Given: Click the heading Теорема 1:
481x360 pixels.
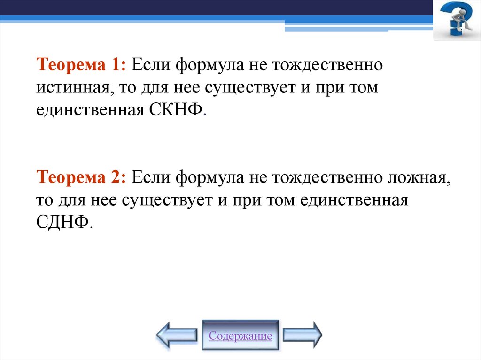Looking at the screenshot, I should [80, 64].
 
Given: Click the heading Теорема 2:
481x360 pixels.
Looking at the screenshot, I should [80, 177].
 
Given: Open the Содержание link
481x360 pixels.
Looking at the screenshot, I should [240, 336].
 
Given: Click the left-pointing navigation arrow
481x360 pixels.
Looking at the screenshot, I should [177, 335].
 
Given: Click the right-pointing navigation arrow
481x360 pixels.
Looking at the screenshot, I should [303, 335].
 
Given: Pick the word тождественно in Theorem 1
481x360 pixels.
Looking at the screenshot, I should [331, 64].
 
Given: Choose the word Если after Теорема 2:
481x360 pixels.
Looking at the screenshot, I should [151, 177].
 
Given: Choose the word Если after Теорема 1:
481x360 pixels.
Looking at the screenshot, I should [151, 64].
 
